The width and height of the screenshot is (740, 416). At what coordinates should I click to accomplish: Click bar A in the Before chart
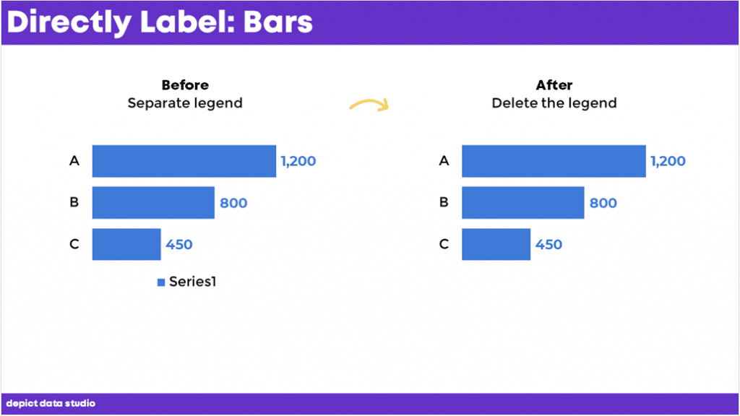tap(184, 161)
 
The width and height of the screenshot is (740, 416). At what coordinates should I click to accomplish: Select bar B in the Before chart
tap(153, 203)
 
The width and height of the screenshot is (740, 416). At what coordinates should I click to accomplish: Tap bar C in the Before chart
tap(126, 244)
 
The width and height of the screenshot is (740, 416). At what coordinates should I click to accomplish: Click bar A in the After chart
tap(554, 161)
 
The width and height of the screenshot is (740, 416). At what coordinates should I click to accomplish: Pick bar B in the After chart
tap(523, 203)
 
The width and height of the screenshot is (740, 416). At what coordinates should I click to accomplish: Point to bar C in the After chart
tap(496, 244)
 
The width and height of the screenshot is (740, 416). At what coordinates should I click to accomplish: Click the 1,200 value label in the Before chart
tap(298, 161)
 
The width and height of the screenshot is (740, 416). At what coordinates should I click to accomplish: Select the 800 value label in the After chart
tap(603, 203)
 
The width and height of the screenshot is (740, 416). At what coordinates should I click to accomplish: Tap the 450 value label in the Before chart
tap(179, 245)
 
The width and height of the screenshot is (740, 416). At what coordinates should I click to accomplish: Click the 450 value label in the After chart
tap(548, 245)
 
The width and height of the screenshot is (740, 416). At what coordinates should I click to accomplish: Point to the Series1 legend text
tap(192, 282)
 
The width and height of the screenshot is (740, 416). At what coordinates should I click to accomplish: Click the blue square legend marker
tap(161, 282)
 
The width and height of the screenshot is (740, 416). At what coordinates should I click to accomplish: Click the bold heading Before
tap(185, 85)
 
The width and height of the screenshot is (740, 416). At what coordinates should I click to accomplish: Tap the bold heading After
tap(554, 85)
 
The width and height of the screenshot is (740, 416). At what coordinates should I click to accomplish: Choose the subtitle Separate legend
tap(185, 103)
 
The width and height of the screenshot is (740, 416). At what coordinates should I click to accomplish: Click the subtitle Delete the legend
tap(554, 103)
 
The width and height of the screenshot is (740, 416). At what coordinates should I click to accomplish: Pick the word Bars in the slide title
tap(278, 22)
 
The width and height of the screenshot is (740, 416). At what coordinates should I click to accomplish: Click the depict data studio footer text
tap(51, 403)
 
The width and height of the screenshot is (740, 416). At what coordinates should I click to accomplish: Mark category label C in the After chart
tap(444, 244)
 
